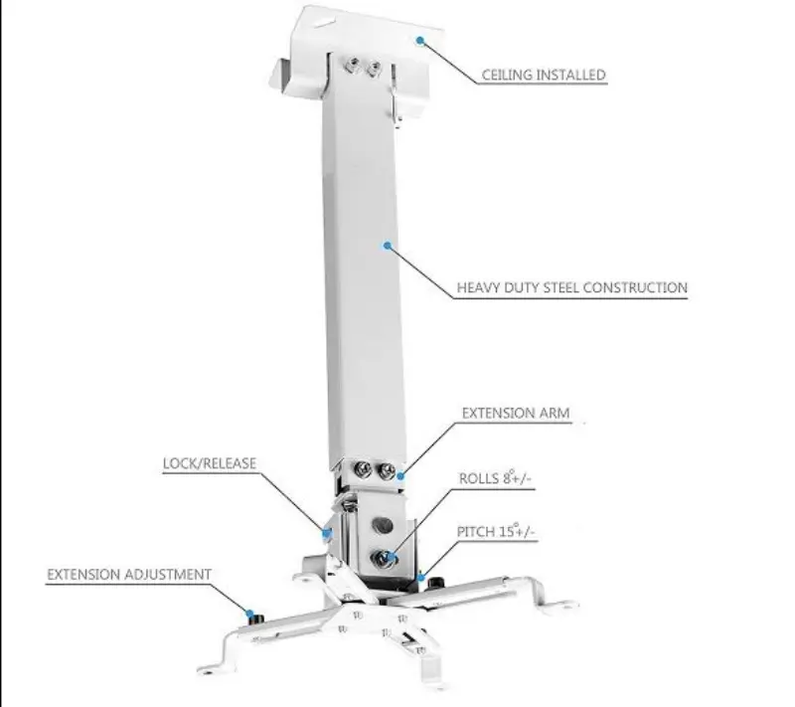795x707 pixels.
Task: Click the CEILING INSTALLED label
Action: pyautogui.click(x=544, y=75)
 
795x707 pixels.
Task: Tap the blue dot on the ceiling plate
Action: pyautogui.click(x=419, y=41)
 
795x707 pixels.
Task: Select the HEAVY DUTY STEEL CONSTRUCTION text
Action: pyautogui.click(x=571, y=288)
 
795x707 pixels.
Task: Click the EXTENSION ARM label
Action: pyautogui.click(x=515, y=413)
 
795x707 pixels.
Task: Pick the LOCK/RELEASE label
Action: pyautogui.click(x=210, y=463)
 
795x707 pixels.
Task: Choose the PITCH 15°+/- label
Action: pyautogui.click(x=497, y=533)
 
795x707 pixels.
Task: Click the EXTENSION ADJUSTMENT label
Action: pyautogui.click(x=129, y=575)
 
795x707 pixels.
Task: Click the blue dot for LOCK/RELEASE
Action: pyautogui.click(x=325, y=531)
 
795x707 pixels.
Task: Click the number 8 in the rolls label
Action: pyautogui.click(x=508, y=478)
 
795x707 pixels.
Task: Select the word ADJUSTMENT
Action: pyautogui.click(x=168, y=575)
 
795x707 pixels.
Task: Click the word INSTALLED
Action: pyautogui.click(x=572, y=75)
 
